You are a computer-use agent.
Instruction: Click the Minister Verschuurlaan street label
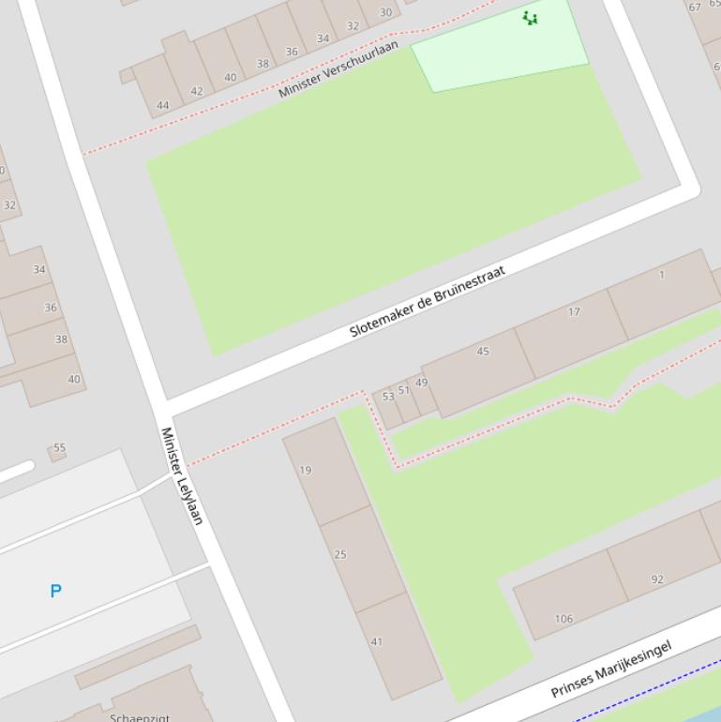click(338, 68)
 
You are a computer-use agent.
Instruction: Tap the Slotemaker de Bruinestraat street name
click(427, 301)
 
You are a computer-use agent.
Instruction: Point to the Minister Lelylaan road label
click(182, 475)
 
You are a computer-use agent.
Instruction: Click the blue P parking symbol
click(56, 591)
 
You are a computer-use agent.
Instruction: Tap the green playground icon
click(531, 18)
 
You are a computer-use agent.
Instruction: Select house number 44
click(163, 105)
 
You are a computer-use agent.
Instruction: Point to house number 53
click(388, 397)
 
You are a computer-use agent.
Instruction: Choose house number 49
click(421, 383)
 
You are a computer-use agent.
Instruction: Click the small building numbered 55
click(58, 449)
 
